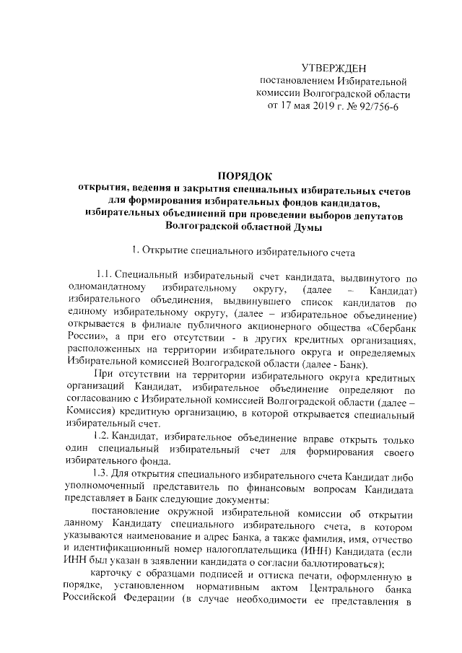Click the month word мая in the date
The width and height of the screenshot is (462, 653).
coord(298,106)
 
